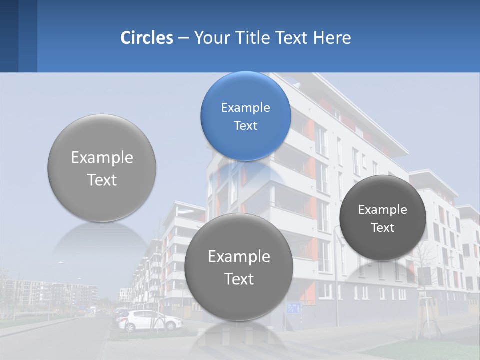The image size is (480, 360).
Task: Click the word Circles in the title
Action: pyautogui.click(x=146, y=38)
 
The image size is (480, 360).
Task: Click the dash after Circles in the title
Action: pyautogui.click(x=183, y=38)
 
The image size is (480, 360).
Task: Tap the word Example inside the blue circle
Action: pyautogui.click(x=245, y=108)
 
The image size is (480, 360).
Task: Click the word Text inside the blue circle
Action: pyautogui.click(x=245, y=126)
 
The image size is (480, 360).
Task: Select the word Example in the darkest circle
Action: pyautogui.click(x=382, y=210)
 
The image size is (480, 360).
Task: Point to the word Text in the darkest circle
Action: pyautogui.click(x=382, y=228)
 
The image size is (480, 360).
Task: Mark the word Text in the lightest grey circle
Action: pyautogui.click(x=102, y=180)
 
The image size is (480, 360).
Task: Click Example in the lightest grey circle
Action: pyautogui.click(x=102, y=158)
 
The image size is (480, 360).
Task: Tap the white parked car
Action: pyautogui.click(x=150, y=320)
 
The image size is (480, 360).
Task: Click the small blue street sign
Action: pyautogui.click(x=294, y=308)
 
